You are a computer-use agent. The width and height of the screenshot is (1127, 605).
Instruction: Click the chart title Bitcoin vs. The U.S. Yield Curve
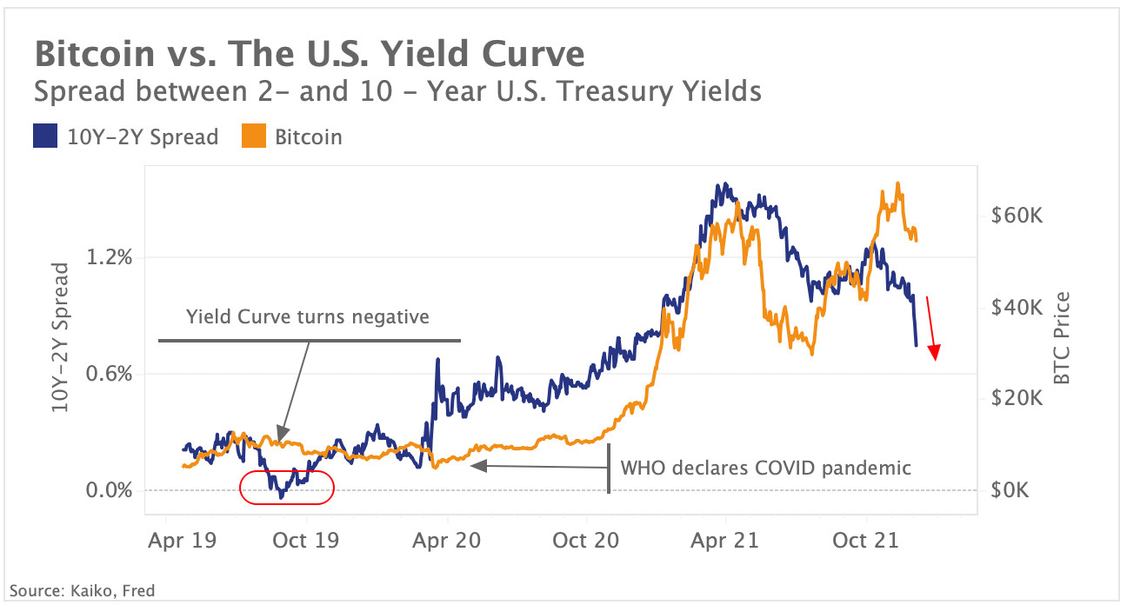[309, 55]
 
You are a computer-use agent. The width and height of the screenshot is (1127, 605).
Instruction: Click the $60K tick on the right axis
[1016, 215]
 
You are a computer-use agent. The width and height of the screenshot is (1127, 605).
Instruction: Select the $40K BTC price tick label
[1016, 307]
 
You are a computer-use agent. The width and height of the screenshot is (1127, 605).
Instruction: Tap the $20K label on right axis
[1016, 398]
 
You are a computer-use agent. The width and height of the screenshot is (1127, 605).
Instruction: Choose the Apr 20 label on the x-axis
[446, 540]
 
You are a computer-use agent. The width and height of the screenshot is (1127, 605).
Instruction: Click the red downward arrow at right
[931, 329]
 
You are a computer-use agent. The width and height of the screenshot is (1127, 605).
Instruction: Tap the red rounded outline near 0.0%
[287, 487]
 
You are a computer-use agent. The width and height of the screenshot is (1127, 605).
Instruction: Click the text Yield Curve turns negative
[308, 316]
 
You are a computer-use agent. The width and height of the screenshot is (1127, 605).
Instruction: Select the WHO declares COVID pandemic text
[765, 468]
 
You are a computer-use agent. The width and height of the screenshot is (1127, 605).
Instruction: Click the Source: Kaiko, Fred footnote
[83, 590]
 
